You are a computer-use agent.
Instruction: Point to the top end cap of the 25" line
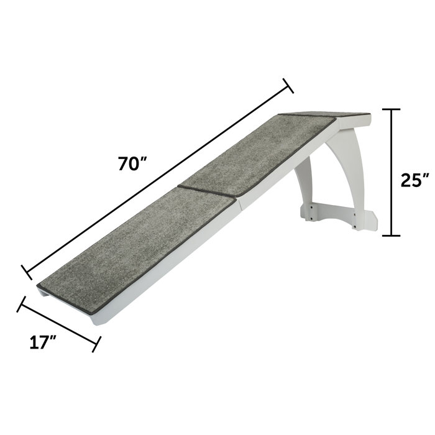(390, 109)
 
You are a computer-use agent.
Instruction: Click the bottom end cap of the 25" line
(390, 236)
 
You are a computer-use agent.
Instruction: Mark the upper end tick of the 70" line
(288, 86)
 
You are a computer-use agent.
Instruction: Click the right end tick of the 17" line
(96, 344)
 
